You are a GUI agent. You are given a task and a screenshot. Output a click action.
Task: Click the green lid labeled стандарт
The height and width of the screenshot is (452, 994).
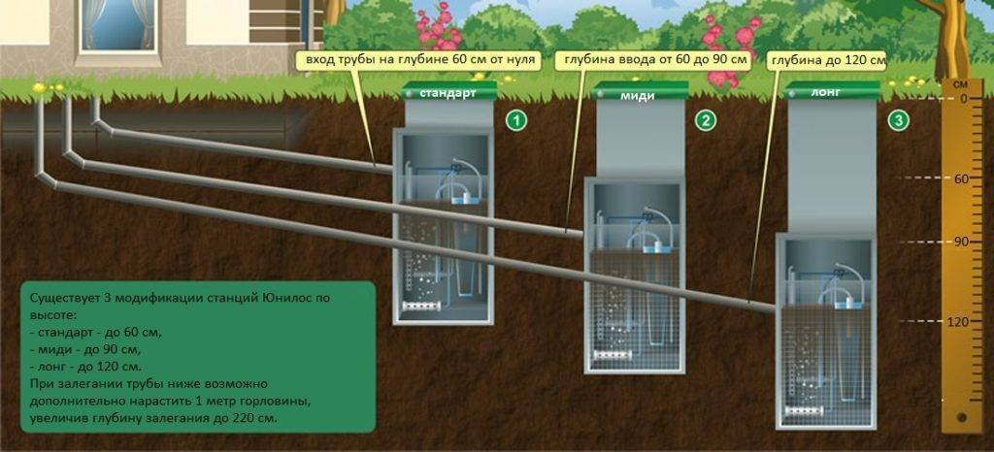(x=447, y=92)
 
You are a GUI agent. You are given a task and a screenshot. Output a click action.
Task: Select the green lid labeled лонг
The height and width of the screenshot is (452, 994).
(x=831, y=93)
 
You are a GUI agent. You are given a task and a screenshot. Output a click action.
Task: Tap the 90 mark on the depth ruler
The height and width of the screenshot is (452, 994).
(x=963, y=241)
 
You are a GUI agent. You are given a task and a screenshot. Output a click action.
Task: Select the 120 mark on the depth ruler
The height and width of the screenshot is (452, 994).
(x=962, y=321)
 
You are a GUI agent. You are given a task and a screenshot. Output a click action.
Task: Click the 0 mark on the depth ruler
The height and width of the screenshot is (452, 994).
(x=964, y=98)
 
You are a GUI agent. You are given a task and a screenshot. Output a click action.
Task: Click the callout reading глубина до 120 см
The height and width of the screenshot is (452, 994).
(x=827, y=60)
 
